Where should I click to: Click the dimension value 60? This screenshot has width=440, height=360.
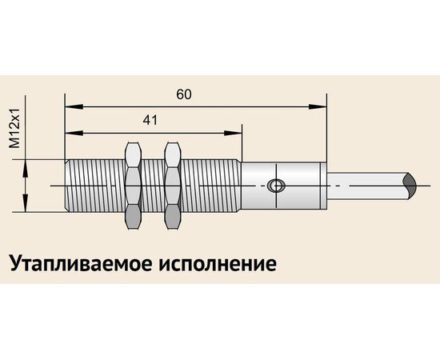coord(184,94)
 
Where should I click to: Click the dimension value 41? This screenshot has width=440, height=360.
coord(150,120)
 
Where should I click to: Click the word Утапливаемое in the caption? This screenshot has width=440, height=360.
coord(81,264)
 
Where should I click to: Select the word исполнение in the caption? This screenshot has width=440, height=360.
coord(218,264)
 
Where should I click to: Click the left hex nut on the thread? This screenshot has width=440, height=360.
coord(133,186)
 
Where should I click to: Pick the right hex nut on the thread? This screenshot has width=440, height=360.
coord(172,186)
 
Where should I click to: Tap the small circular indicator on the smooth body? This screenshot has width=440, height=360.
coord(276,186)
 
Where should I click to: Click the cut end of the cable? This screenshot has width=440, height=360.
coord(410,186)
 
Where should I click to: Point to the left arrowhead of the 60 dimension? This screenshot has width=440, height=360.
coord(74,106)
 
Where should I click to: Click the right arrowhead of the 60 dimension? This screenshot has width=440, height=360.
coord(318,106)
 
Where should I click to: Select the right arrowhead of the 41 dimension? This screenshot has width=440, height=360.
coord(233,133)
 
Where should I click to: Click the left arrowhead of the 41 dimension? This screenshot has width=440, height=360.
coord(74,133)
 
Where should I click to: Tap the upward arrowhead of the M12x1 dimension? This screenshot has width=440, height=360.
coord(26,169)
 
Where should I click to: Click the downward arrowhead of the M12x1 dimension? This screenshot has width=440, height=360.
coord(26,202)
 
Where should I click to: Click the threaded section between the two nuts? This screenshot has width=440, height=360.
coord(153,186)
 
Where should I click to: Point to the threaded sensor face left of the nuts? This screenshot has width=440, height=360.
coord(95,186)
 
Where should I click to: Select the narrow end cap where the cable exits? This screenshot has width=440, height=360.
coord(323,186)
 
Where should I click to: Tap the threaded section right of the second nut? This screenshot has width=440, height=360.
coord(210,186)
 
